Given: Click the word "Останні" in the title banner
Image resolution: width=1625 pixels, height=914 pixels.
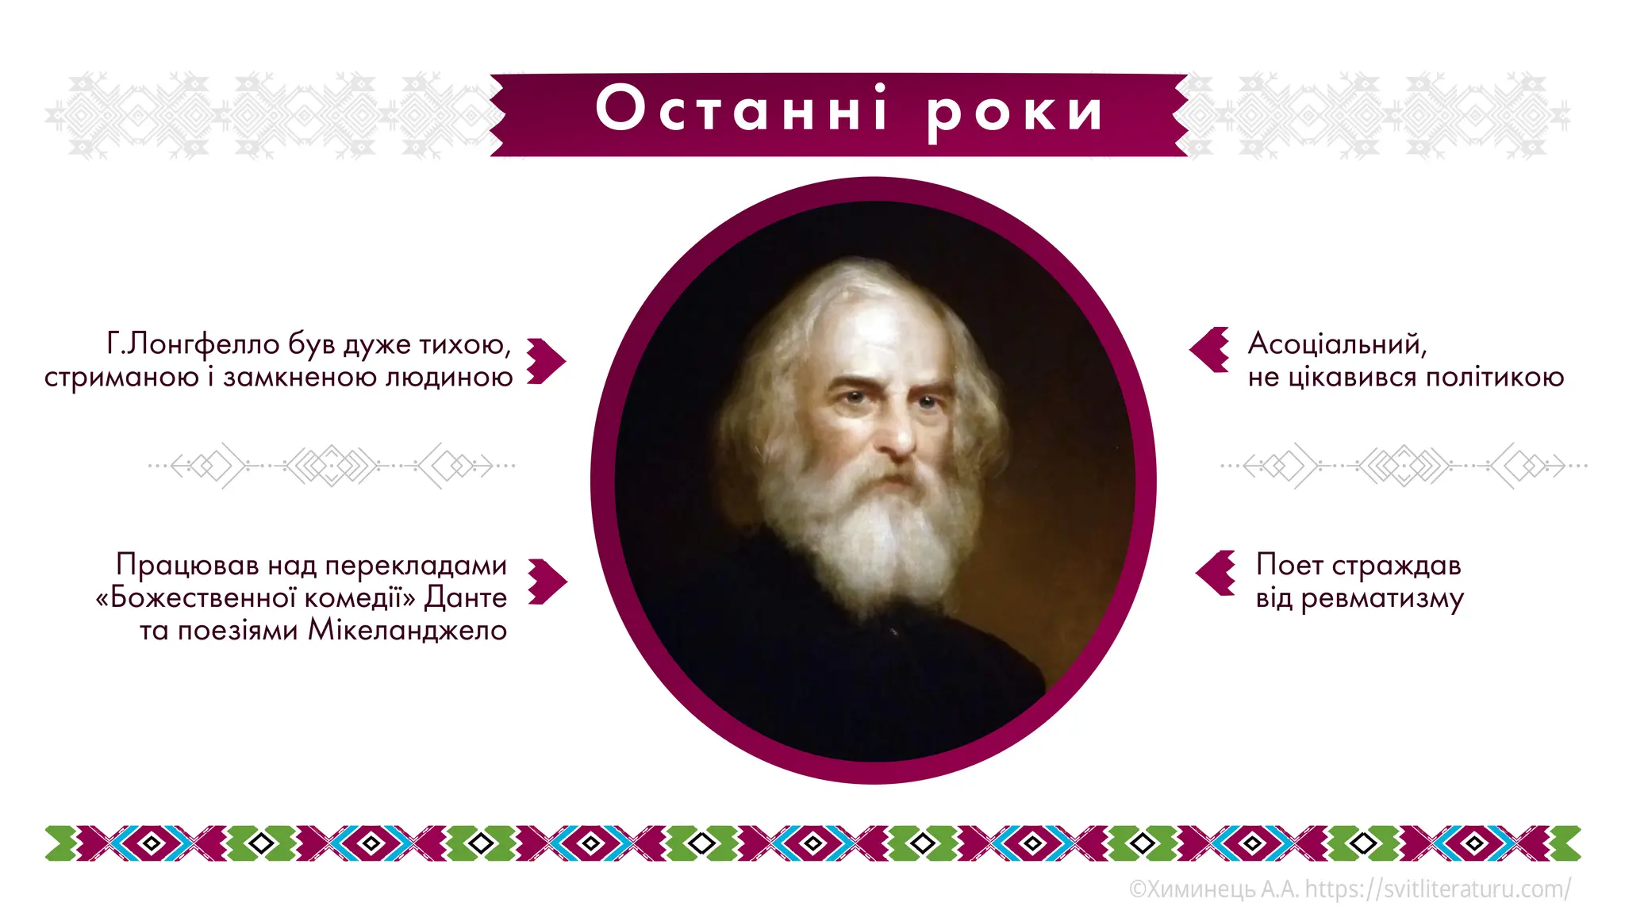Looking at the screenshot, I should [x=741, y=109].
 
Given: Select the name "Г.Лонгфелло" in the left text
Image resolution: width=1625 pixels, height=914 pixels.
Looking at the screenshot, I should [x=193, y=344].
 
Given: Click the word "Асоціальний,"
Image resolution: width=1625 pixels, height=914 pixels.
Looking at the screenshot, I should [x=1337, y=344].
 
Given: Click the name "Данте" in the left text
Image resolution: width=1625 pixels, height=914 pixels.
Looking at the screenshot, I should [x=466, y=597].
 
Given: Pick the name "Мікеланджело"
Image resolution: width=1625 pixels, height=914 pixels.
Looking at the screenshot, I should [x=407, y=630].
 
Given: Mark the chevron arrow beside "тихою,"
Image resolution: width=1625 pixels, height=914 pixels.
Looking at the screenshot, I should [x=546, y=361].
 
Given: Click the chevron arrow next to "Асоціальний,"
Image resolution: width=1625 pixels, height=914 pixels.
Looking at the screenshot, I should [x=1209, y=349].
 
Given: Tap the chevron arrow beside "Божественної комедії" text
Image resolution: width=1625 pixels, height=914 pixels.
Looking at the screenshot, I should [x=547, y=582].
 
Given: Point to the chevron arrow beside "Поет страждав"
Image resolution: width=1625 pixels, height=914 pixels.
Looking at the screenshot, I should [x=1216, y=572].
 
